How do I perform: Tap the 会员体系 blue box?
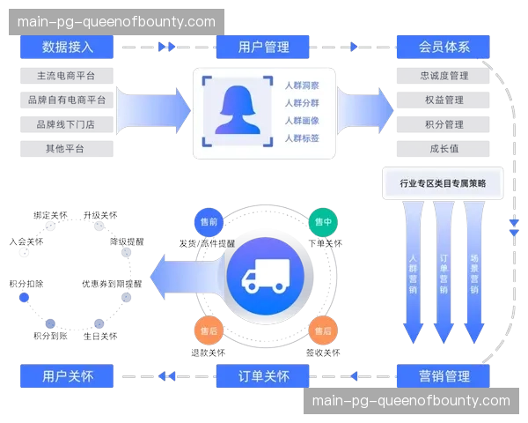[444, 47]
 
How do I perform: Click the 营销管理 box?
[444, 376]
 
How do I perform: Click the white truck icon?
[265, 277]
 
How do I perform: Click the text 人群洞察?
[302, 85]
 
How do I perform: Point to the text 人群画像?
[302, 121]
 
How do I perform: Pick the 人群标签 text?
[302, 138]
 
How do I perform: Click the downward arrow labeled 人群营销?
[414, 273]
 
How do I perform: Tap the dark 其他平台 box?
[66, 148]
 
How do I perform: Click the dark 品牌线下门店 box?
[66, 124]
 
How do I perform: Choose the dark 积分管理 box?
[444, 124]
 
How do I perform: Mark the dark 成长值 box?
[444, 148]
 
